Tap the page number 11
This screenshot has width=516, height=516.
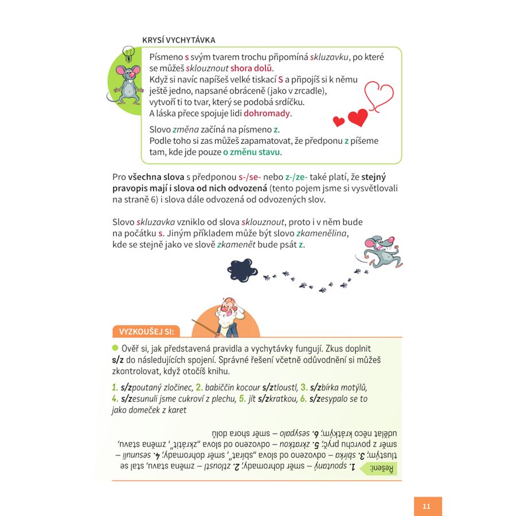(427, 506)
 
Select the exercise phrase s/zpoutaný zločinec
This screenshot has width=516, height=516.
(157, 387)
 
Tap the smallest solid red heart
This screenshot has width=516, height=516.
(339, 121)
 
